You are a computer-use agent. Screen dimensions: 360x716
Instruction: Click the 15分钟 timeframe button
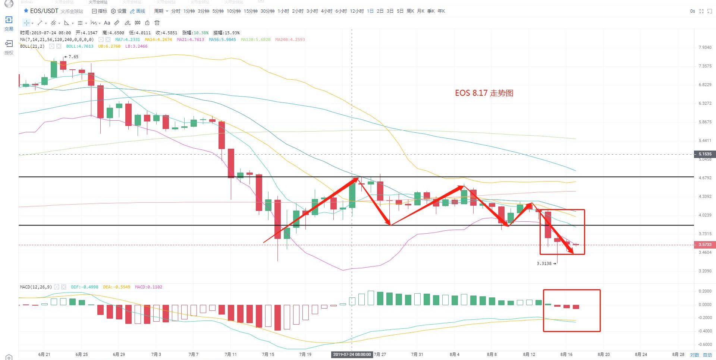coord(250,11)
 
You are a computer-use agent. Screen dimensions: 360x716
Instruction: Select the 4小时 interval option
coord(326,11)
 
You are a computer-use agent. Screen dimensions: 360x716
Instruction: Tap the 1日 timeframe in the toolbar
coord(370,11)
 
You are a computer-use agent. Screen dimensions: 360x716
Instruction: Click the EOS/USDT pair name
coord(44,11)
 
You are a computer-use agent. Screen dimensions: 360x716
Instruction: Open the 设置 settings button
coord(119,11)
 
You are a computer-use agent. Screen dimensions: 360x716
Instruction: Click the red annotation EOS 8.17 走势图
coord(484,93)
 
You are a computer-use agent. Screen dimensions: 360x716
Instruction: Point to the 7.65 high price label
coord(73,57)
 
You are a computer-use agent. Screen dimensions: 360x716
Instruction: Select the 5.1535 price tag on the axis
coord(704,154)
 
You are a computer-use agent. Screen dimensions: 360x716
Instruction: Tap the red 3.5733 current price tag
coord(704,244)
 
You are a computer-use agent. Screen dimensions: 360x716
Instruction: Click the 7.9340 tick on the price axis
coord(705,48)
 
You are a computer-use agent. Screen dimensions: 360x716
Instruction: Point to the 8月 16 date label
coord(566,354)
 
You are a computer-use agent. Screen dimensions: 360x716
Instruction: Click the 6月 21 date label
coord(44,354)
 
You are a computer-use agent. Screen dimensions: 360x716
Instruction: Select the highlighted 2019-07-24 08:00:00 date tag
coord(352,354)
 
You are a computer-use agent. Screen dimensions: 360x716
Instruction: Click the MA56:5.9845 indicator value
coord(222,40)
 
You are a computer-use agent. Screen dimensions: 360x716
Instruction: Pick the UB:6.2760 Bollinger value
coord(109,46)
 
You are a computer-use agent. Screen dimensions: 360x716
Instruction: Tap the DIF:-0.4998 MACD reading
coord(85,287)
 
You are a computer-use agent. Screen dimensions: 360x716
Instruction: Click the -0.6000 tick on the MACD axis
coord(705,344)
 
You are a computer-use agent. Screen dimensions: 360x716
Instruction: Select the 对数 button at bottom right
coord(694,355)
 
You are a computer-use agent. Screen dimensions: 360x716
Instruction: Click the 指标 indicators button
coord(100,11)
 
